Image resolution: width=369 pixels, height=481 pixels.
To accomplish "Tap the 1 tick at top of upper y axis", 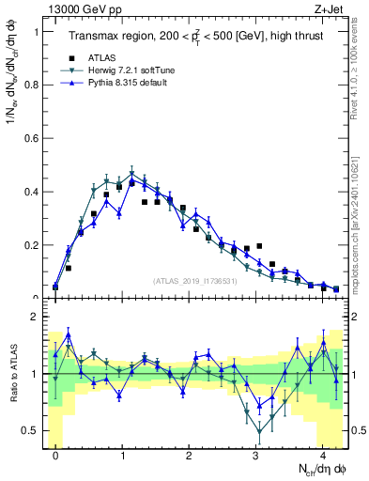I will click(x=37, y=31).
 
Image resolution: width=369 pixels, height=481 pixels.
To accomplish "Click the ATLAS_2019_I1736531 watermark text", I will click(x=193, y=281).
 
